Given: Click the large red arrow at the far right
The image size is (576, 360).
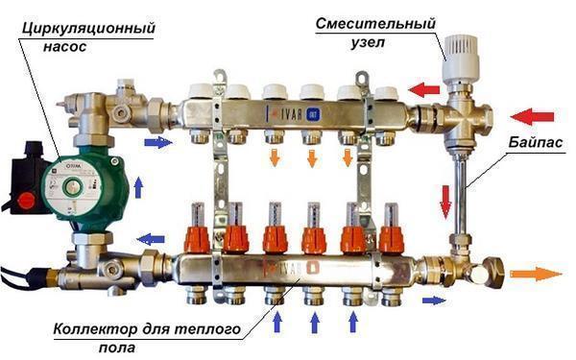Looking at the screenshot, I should click(x=534, y=118).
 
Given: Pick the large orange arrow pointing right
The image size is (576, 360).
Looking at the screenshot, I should click(x=536, y=274).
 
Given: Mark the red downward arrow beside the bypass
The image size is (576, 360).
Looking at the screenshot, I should click(x=445, y=201).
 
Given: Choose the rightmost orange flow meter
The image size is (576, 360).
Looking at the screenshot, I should click(x=389, y=236).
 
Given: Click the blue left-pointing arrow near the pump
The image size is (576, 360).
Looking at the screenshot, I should click(x=150, y=239).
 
